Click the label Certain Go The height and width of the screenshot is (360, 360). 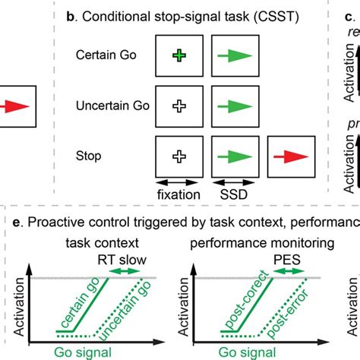[107, 55]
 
